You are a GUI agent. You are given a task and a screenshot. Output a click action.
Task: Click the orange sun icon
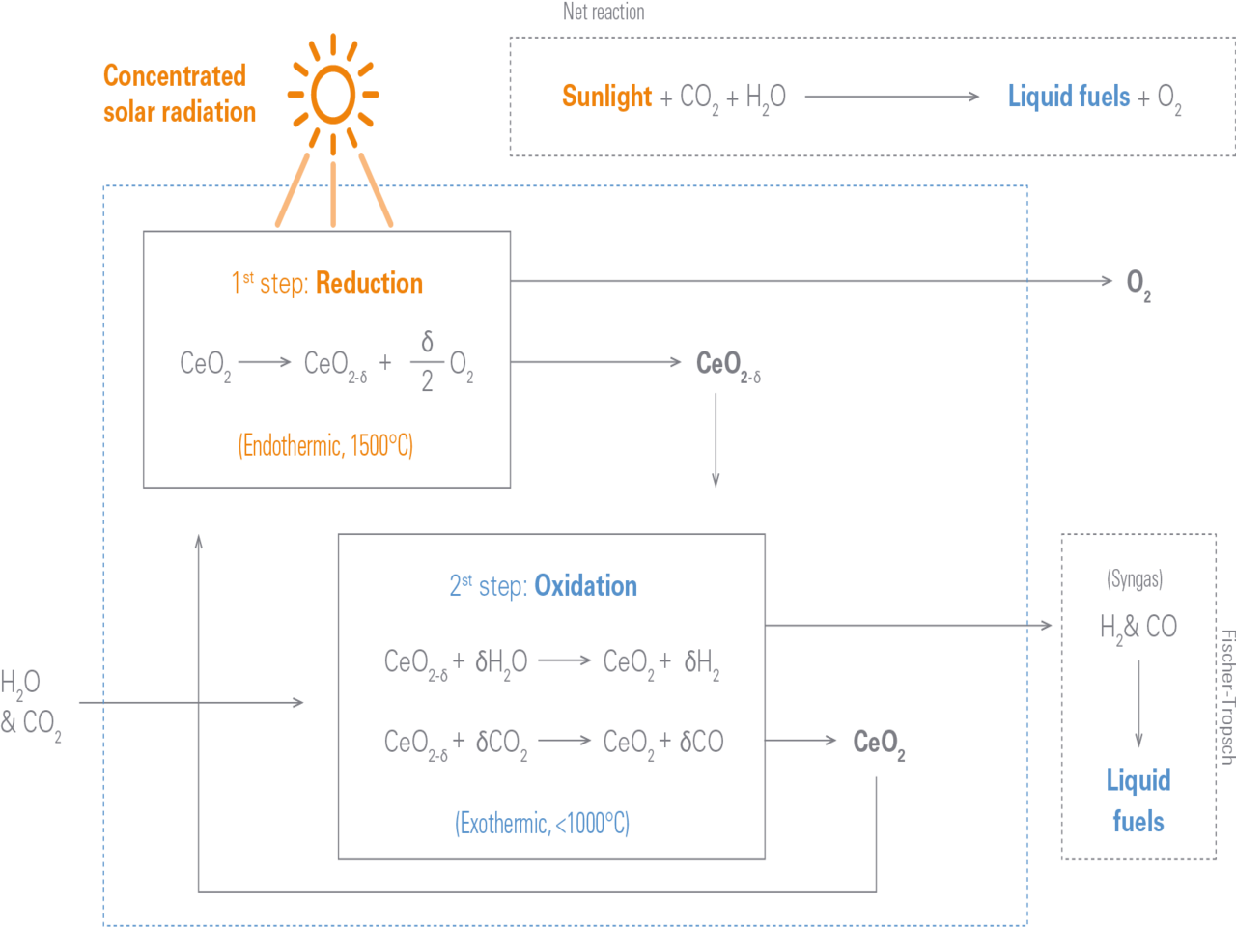333,94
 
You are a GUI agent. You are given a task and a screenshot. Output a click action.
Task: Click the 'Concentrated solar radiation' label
179,94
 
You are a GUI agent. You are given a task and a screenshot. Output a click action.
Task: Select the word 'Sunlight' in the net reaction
607,97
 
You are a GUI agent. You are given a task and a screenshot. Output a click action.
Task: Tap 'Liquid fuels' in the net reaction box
1069,97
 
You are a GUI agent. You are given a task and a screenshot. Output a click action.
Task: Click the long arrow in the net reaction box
892,97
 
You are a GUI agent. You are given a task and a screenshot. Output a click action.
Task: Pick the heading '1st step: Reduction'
327,283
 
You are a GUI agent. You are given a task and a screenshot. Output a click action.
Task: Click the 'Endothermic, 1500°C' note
325,445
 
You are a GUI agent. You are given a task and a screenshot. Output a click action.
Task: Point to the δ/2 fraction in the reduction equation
427,362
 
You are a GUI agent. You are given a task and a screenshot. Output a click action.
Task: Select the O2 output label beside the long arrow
1138,284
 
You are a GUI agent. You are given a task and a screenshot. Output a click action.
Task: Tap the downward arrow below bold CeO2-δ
716,440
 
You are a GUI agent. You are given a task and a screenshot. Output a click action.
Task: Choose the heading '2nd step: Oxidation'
543,586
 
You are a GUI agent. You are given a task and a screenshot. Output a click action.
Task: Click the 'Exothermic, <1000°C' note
542,824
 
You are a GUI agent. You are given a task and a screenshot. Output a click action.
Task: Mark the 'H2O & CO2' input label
29,702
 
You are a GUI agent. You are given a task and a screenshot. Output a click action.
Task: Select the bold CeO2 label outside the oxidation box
879,743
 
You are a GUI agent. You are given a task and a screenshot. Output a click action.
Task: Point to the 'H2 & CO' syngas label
1138,629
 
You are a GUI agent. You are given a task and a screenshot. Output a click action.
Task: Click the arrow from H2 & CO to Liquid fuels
1138,703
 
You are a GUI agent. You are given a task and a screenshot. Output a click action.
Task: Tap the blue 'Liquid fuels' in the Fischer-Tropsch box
1138,800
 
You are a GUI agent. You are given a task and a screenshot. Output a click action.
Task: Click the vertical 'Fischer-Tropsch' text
1226,696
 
